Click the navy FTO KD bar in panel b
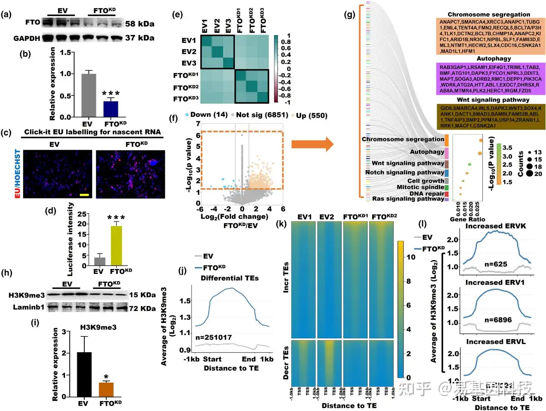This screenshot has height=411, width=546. coord(111,109)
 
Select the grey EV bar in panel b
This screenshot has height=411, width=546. coord(89,95)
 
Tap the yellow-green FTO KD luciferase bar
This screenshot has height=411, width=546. coord(116,245)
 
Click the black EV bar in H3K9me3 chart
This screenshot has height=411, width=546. coord(84,374)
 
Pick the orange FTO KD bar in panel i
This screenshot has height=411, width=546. coord(106,389)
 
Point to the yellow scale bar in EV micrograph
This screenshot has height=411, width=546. coord(84,195)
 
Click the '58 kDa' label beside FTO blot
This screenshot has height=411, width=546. coord(139,24)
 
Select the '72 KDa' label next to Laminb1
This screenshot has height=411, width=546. coord(142,308)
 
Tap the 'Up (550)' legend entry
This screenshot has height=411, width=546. coord(312,115)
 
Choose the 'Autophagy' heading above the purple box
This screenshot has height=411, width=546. coord(494,58)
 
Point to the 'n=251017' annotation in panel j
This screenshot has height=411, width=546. coord(213,337)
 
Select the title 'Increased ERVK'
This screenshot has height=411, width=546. coord(496,226)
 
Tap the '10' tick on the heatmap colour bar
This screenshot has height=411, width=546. coord(411,257)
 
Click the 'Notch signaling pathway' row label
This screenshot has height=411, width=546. coord(404,172)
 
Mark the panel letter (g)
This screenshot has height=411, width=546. coord(350,15)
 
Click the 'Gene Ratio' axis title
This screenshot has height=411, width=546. coord(467,219)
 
